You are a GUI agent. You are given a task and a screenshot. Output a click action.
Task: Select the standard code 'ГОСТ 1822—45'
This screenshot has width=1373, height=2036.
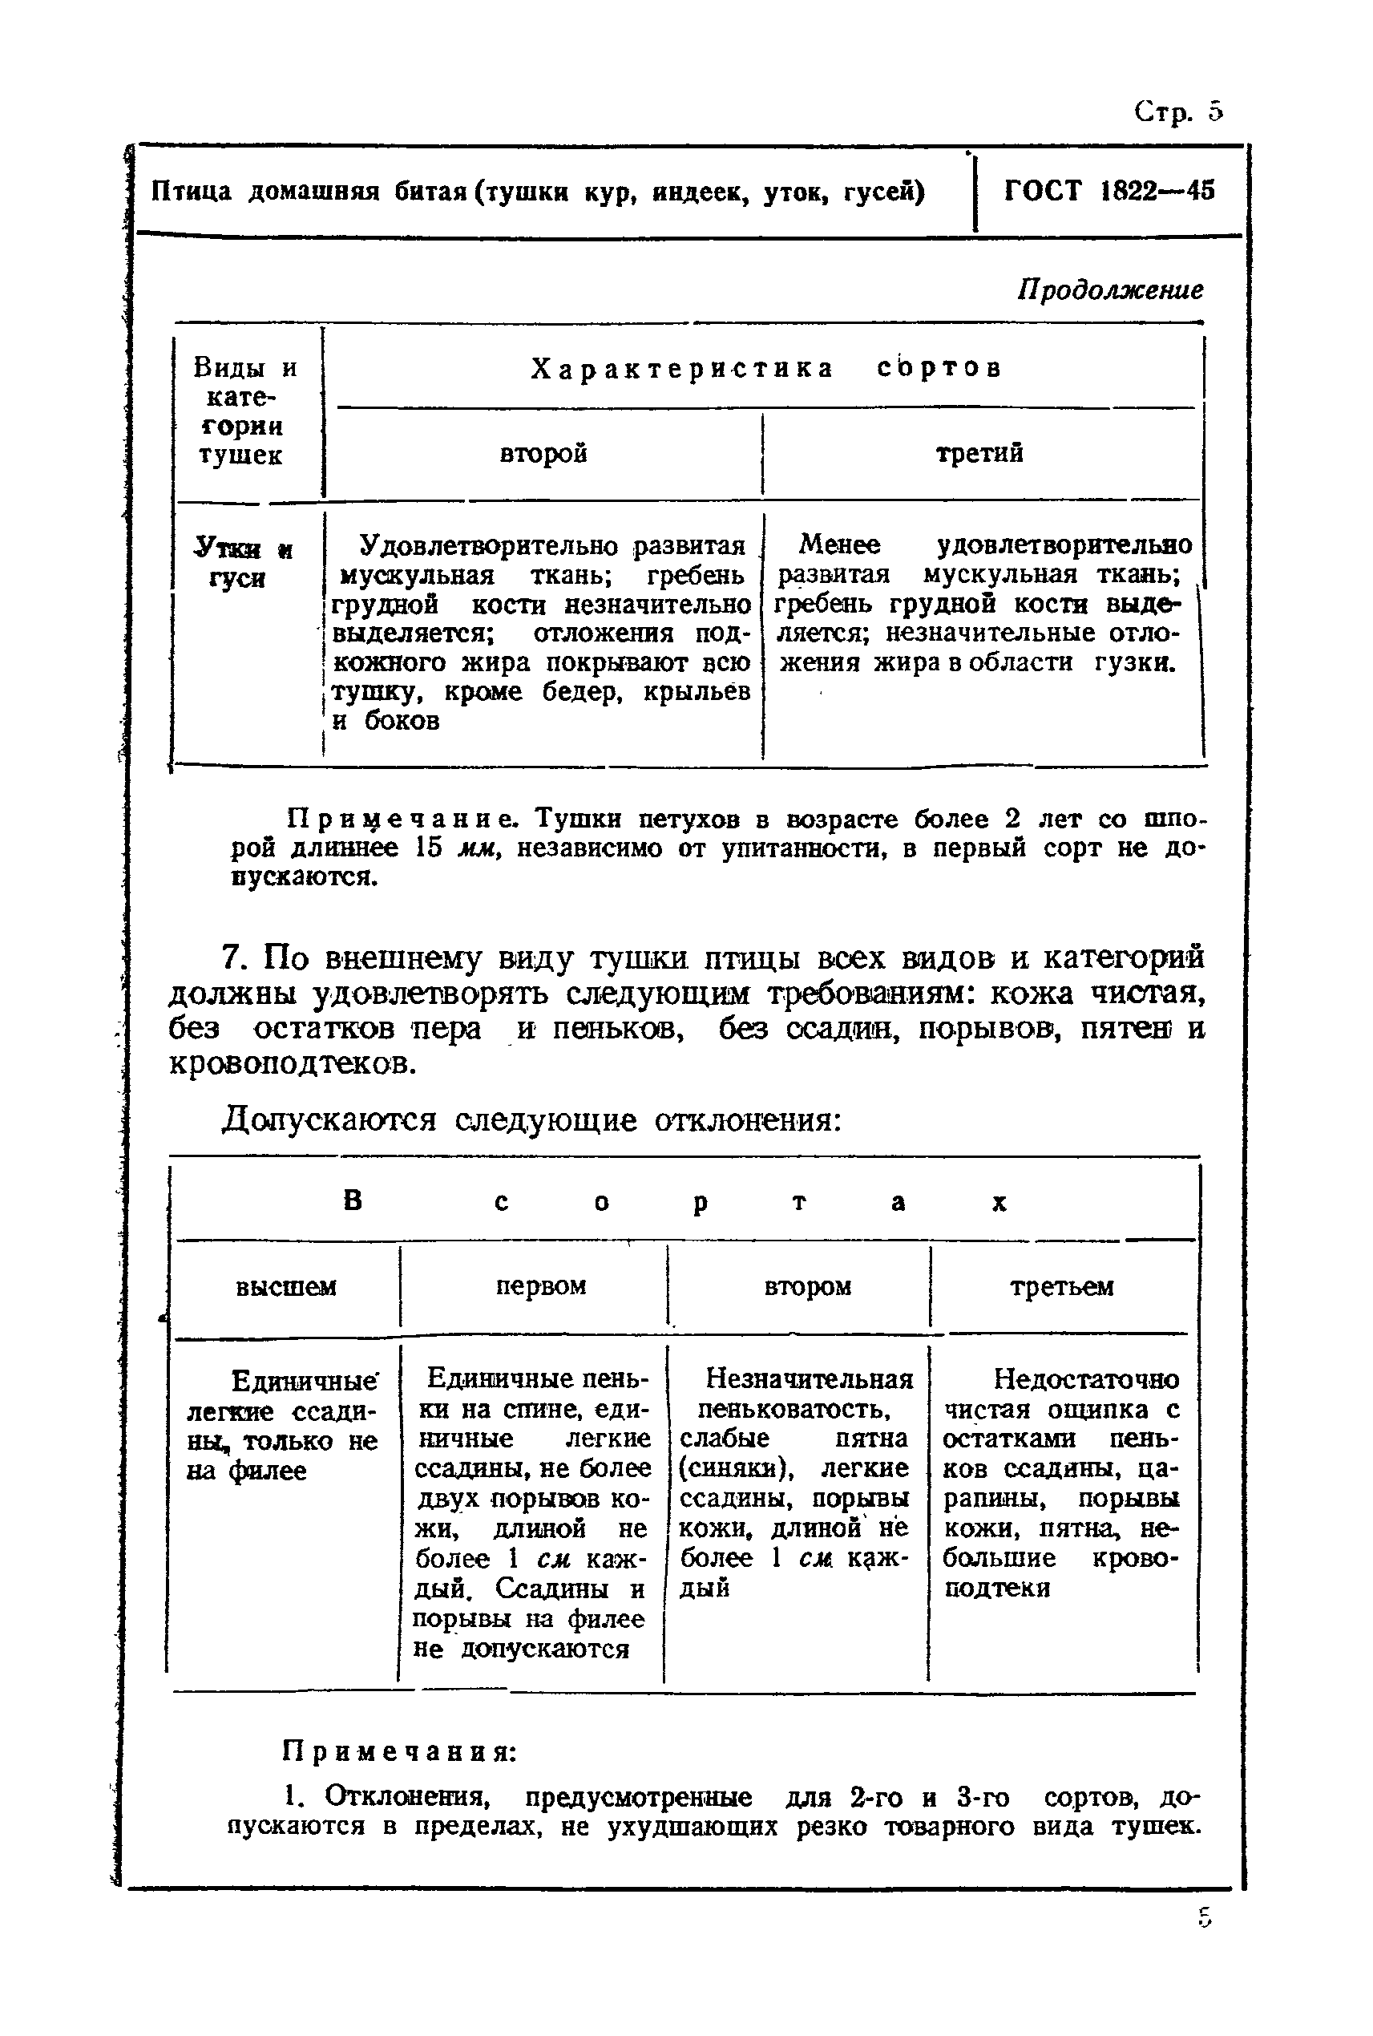[x=1109, y=191]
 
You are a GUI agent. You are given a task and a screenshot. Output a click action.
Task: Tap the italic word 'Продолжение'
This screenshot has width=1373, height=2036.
[x=1109, y=290]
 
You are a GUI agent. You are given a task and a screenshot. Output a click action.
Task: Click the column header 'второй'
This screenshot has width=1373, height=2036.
[x=543, y=454]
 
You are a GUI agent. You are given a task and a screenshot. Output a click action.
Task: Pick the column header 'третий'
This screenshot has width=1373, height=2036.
[x=979, y=453]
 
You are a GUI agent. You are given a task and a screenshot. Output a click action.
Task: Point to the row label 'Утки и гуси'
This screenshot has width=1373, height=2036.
[x=242, y=563]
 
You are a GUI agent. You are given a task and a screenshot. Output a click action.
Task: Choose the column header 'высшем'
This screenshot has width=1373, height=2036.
[x=285, y=1286]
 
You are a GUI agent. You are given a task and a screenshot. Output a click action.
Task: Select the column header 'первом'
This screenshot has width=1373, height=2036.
[x=540, y=1285]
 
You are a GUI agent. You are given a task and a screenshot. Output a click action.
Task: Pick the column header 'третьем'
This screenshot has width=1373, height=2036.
[x=1061, y=1286]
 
